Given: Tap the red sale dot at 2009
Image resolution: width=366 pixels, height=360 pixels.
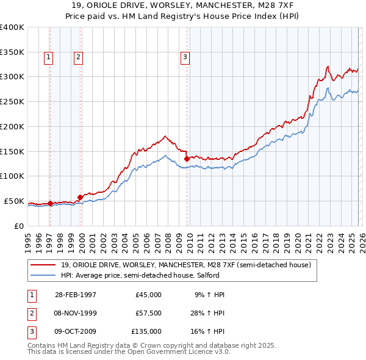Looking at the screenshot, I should pyautogui.click(x=187, y=159).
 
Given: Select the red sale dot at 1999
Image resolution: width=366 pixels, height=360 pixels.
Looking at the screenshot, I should pyautogui.click(x=80, y=197).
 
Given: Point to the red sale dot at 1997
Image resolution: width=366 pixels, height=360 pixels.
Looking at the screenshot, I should pyautogui.click(x=50, y=204).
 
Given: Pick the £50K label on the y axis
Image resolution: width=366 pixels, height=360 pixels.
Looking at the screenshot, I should pyautogui.click(x=14, y=201).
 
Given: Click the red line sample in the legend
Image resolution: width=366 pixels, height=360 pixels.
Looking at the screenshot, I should pyautogui.click(x=43, y=265).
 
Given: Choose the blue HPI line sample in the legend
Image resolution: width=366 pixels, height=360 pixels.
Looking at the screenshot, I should pyautogui.click(x=43, y=275).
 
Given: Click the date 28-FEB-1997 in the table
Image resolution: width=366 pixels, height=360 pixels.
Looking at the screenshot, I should pyautogui.click(x=76, y=295).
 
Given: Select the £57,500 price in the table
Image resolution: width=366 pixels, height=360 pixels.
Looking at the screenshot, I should pyautogui.click(x=148, y=313).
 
